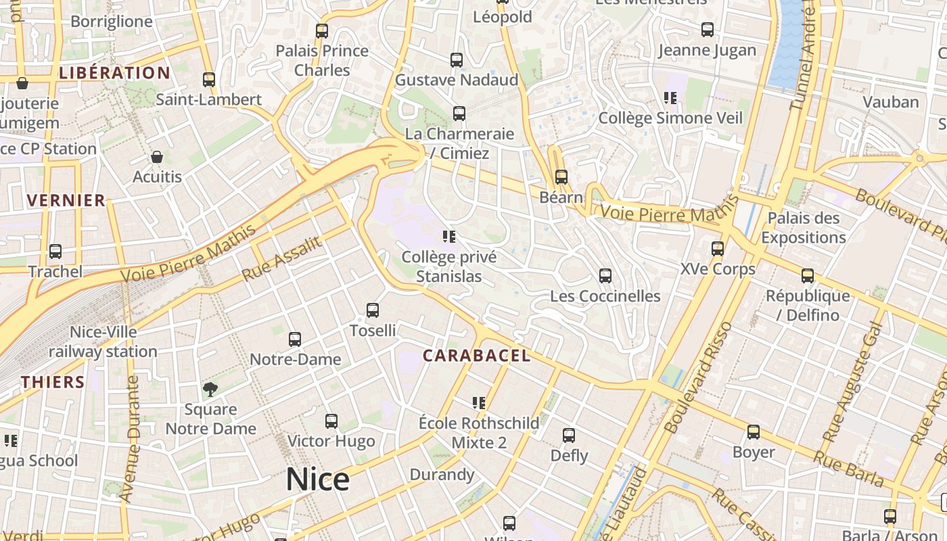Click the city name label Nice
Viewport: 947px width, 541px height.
pyautogui.click(x=317, y=479)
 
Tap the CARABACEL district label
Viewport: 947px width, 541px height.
pyautogui.click(x=476, y=356)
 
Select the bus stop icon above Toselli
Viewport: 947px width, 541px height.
pyautogui.click(x=373, y=310)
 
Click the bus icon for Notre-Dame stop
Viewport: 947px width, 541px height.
pyautogui.click(x=295, y=339)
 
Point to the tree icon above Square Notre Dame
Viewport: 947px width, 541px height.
pyautogui.click(x=210, y=389)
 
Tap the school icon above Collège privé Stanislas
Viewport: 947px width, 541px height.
pyautogui.click(x=449, y=237)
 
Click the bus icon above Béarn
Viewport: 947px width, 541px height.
pyautogui.click(x=561, y=177)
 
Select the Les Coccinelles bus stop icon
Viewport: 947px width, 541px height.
pyautogui.click(x=605, y=276)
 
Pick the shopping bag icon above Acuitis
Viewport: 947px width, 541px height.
pyautogui.click(x=157, y=157)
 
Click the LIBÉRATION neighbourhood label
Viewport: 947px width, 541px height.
pyautogui.click(x=114, y=73)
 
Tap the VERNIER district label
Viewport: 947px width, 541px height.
pyautogui.click(x=66, y=200)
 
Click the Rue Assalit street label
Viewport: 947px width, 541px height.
pyautogui.click(x=281, y=259)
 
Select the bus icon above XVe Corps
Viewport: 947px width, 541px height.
pyautogui.click(x=718, y=249)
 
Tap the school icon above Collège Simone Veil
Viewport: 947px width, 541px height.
pyautogui.click(x=670, y=98)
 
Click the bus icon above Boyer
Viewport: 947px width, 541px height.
pyautogui.click(x=754, y=432)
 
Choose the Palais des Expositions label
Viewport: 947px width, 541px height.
pyautogui.click(x=804, y=228)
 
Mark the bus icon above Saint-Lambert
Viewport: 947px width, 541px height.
pyautogui.click(x=209, y=80)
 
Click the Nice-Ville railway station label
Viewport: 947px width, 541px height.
pyautogui.click(x=103, y=342)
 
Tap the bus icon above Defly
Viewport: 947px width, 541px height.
pyautogui.click(x=569, y=436)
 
